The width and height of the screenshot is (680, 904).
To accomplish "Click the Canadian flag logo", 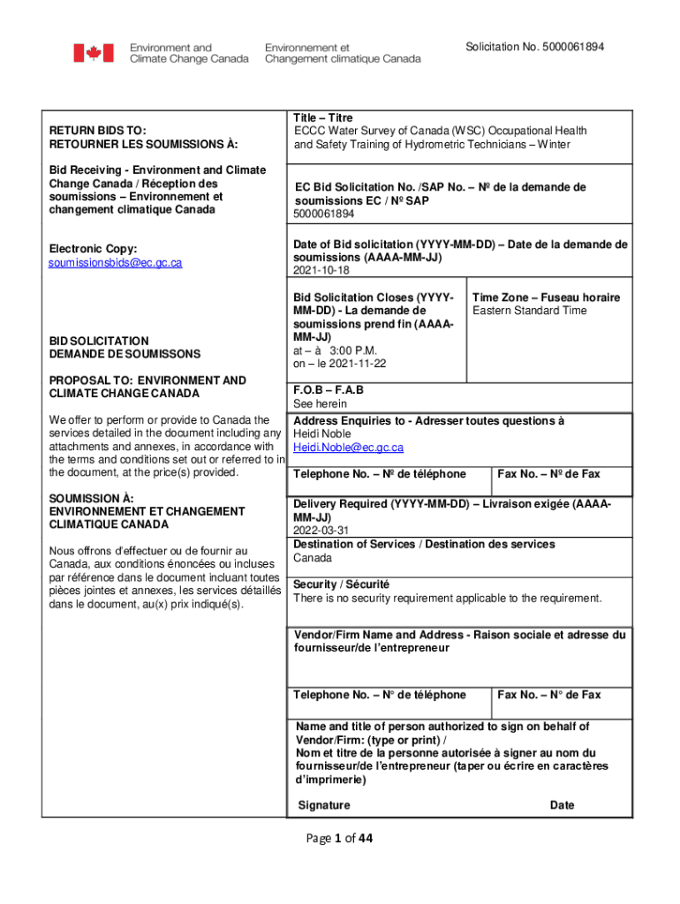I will pyautogui.click(x=93, y=53).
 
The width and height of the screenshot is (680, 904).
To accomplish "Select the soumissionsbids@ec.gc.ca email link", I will pyautogui.click(x=115, y=263).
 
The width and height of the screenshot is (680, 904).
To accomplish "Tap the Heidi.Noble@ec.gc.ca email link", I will pyautogui.click(x=348, y=448).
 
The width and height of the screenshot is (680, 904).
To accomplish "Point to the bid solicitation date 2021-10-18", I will pyautogui.click(x=321, y=271).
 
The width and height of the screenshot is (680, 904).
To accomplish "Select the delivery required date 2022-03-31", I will pyautogui.click(x=321, y=531).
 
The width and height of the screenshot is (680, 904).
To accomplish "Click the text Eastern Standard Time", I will pyautogui.click(x=530, y=311).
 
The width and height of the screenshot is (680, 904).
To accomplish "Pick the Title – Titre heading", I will pyautogui.click(x=323, y=118).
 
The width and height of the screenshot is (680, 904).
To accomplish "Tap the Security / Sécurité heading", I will pyautogui.click(x=341, y=584).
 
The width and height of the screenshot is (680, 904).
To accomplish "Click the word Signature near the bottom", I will pyautogui.click(x=324, y=805).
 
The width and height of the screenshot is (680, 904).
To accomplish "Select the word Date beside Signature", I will pyautogui.click(x=562, y=805).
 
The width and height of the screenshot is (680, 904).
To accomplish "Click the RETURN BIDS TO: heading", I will pyautogui.click(x=98, y=131).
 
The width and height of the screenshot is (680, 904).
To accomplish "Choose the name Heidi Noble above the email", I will pyautogui.click(x=322, y=434).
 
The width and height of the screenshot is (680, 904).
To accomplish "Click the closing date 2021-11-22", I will pyautogui.click(x=357, y=364).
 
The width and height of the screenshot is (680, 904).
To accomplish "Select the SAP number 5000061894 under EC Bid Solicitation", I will pyautogui.click(x=324, y=214).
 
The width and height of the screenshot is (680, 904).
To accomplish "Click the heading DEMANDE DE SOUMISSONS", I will pyautogui.click(x=125, y=354).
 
